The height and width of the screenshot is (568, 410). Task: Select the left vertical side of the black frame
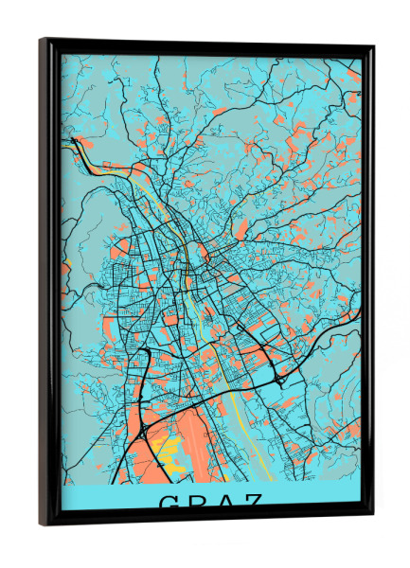pos(49,284)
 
